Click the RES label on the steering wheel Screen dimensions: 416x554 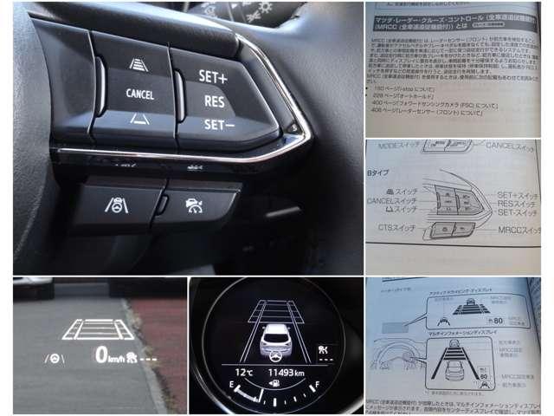pyautogui.click(x=215, y=101)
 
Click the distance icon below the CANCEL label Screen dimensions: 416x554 pyautogui.click(x=139, y=118)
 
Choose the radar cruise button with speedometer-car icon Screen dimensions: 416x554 pyautogui.click(x=195, y=205)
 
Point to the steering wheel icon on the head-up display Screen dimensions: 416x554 pyautogui.click(x=53, y=357)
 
